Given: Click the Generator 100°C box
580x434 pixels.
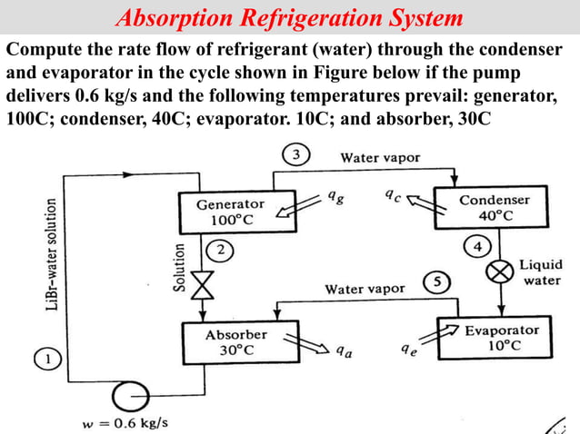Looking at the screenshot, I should click(230, 212).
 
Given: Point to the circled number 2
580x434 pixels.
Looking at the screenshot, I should click(218, 248).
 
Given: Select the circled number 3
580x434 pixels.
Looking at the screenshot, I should click(295, 155).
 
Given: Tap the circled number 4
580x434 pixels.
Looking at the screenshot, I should click(476, 245).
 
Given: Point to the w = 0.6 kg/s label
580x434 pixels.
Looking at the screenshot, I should click(125, 422).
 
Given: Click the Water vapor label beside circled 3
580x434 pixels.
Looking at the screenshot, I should click(380, 157).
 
